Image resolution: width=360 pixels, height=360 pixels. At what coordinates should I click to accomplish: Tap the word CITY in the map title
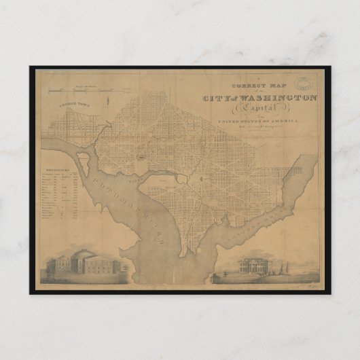[218, 98]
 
